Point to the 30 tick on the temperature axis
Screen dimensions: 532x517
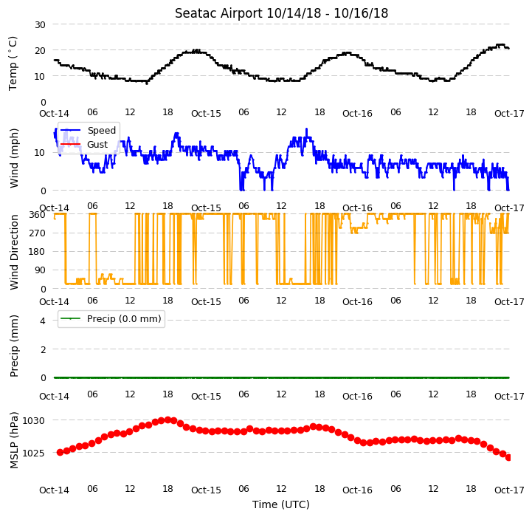40,25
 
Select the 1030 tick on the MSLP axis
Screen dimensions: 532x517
33,420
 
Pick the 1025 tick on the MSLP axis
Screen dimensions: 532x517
33,453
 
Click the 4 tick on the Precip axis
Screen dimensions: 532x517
43,321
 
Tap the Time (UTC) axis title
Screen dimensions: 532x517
281,504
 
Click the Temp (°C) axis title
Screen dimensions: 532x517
13,64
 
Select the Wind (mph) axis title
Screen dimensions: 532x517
13,158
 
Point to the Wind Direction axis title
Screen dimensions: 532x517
13,252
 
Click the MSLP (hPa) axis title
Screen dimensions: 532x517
13,440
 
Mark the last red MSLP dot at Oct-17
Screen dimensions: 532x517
508,458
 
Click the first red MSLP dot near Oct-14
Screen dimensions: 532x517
60,452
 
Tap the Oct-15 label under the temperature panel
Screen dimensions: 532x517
206,114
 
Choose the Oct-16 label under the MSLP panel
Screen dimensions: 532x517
357,490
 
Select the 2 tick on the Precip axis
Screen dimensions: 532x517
43,349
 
